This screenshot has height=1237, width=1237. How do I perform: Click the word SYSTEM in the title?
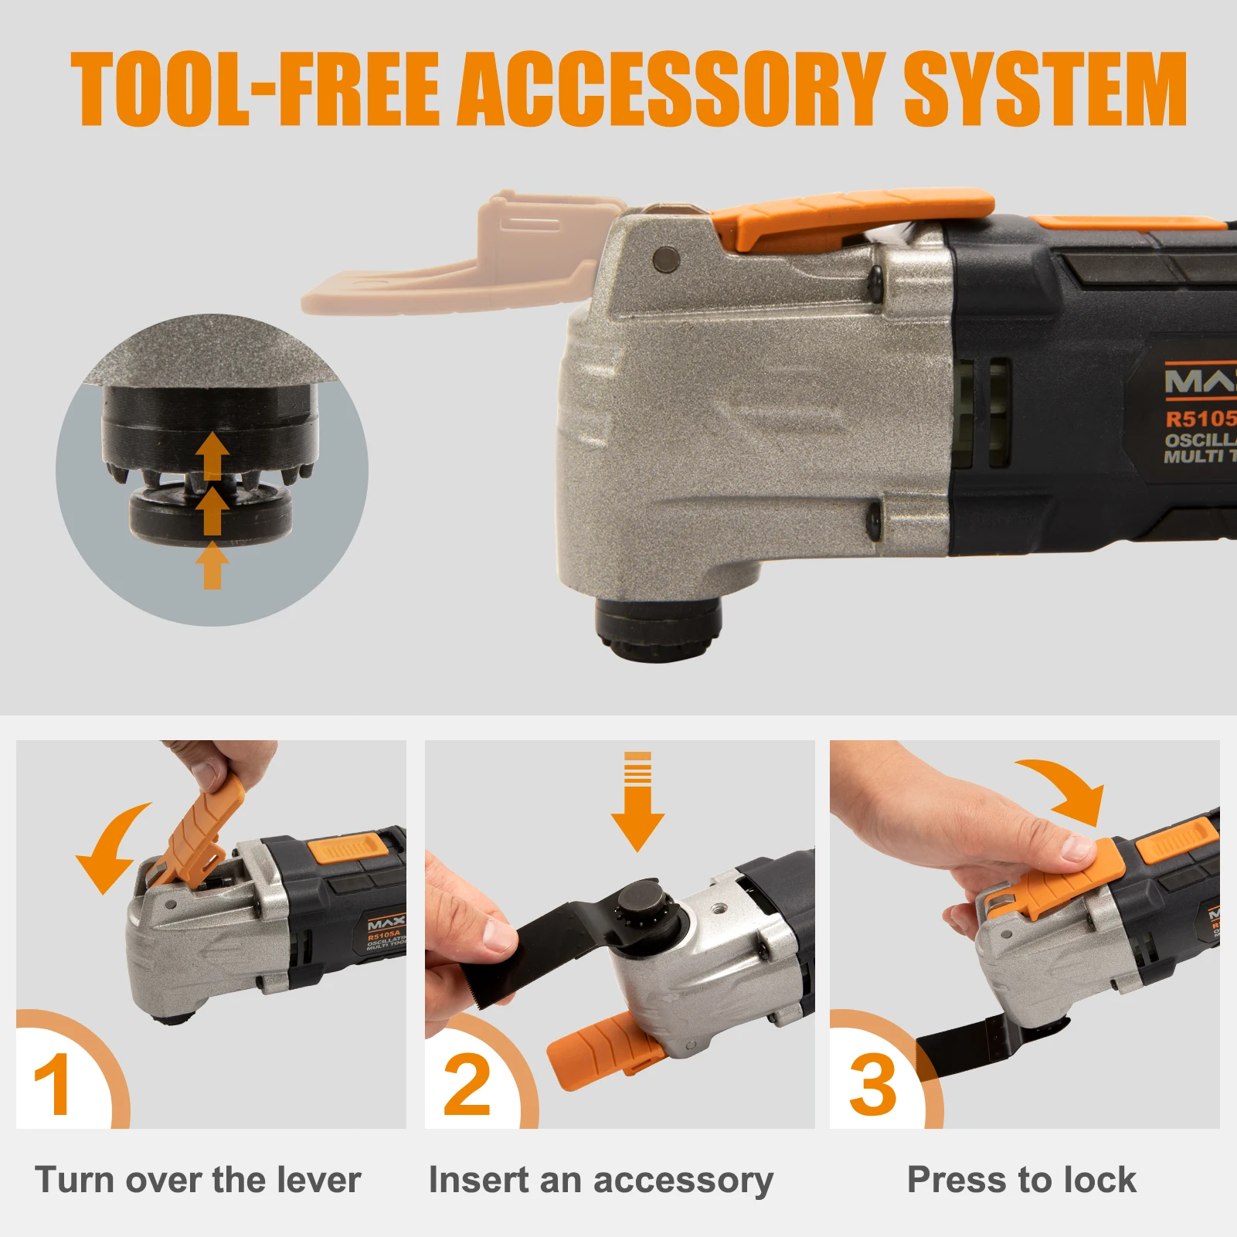1045,89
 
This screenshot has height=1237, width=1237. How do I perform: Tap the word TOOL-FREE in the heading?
255,89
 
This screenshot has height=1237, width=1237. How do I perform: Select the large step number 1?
53,1084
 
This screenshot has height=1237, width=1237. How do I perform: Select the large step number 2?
467,1084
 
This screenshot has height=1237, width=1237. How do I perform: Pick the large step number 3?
872,1084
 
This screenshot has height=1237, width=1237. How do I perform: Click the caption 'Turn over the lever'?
198,1180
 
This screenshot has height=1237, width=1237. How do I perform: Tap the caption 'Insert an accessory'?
600,1181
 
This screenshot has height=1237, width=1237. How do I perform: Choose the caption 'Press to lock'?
1021,1180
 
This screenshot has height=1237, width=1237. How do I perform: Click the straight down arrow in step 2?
637,804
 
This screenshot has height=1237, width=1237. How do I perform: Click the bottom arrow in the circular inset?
212,566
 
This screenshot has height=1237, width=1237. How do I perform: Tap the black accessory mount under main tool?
658,627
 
